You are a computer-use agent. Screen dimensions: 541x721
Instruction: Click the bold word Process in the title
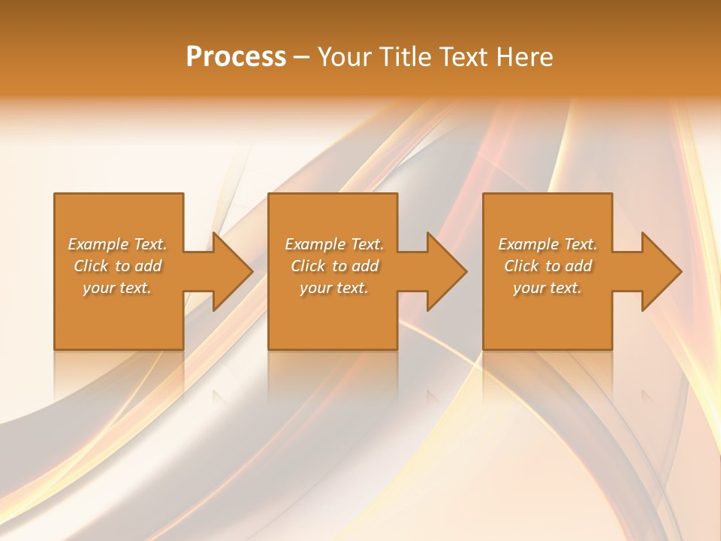coord(236,57)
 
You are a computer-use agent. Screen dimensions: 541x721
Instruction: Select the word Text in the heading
coord(464,57)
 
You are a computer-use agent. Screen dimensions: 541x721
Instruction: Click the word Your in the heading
coord(345,57)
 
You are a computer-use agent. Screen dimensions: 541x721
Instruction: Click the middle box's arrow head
coord(445,271)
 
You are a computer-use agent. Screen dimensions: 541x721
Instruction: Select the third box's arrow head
coord(660,271)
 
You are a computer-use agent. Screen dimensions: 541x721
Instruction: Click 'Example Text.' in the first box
coord(117,244)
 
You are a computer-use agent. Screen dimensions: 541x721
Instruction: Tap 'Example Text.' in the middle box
coord(334,244)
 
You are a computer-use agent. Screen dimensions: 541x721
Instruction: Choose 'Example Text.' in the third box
coord(548,244)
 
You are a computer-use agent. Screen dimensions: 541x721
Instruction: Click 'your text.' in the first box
coord(117,288)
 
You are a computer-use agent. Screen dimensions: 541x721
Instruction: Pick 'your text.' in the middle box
coord(334,288)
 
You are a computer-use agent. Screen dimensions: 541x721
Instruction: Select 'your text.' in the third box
coord(548,288)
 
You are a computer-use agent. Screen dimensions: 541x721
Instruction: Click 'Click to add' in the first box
coord(117,266)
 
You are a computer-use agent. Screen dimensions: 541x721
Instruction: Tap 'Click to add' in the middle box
coord(334,266)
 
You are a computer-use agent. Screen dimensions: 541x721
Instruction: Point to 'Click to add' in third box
coord(548,266)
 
